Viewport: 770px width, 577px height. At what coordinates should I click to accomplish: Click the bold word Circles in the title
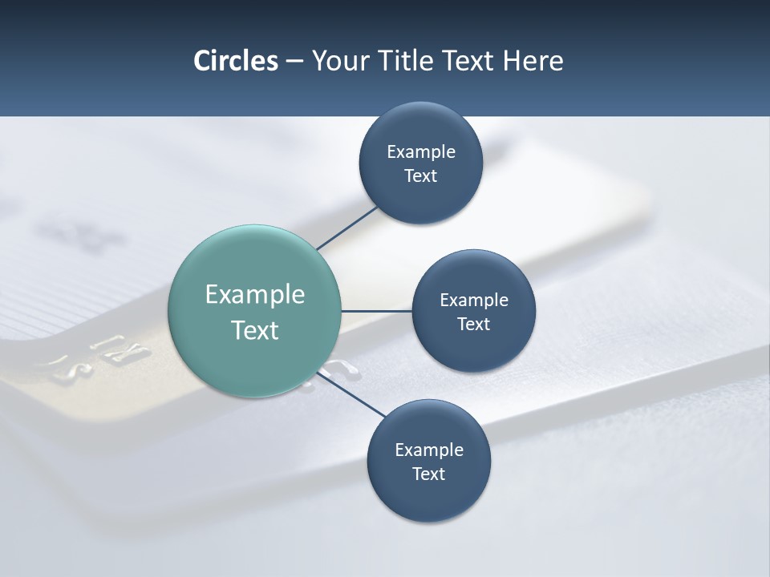coord(235,61)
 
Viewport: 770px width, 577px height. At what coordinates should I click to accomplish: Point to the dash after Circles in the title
coord(294,62)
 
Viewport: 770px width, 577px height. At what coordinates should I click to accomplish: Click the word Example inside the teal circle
coord(255,295)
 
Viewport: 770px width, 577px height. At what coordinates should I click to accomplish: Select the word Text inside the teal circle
coord(255,330)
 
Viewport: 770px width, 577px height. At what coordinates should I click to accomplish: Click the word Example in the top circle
coord(421,152)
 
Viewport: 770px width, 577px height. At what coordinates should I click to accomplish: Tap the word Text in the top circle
coord(420,176)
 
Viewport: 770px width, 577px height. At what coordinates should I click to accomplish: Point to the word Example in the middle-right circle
coord(474,301)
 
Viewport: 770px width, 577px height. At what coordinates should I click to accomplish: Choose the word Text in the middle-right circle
coord(473,325)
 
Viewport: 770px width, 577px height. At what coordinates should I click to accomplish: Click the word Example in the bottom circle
coord(429,450)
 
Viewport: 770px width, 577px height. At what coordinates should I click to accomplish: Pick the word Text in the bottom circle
coord(428,474)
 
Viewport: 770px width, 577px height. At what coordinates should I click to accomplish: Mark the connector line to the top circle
coord(348,227)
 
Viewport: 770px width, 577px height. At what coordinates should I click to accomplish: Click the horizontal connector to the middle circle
coord(377,311)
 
